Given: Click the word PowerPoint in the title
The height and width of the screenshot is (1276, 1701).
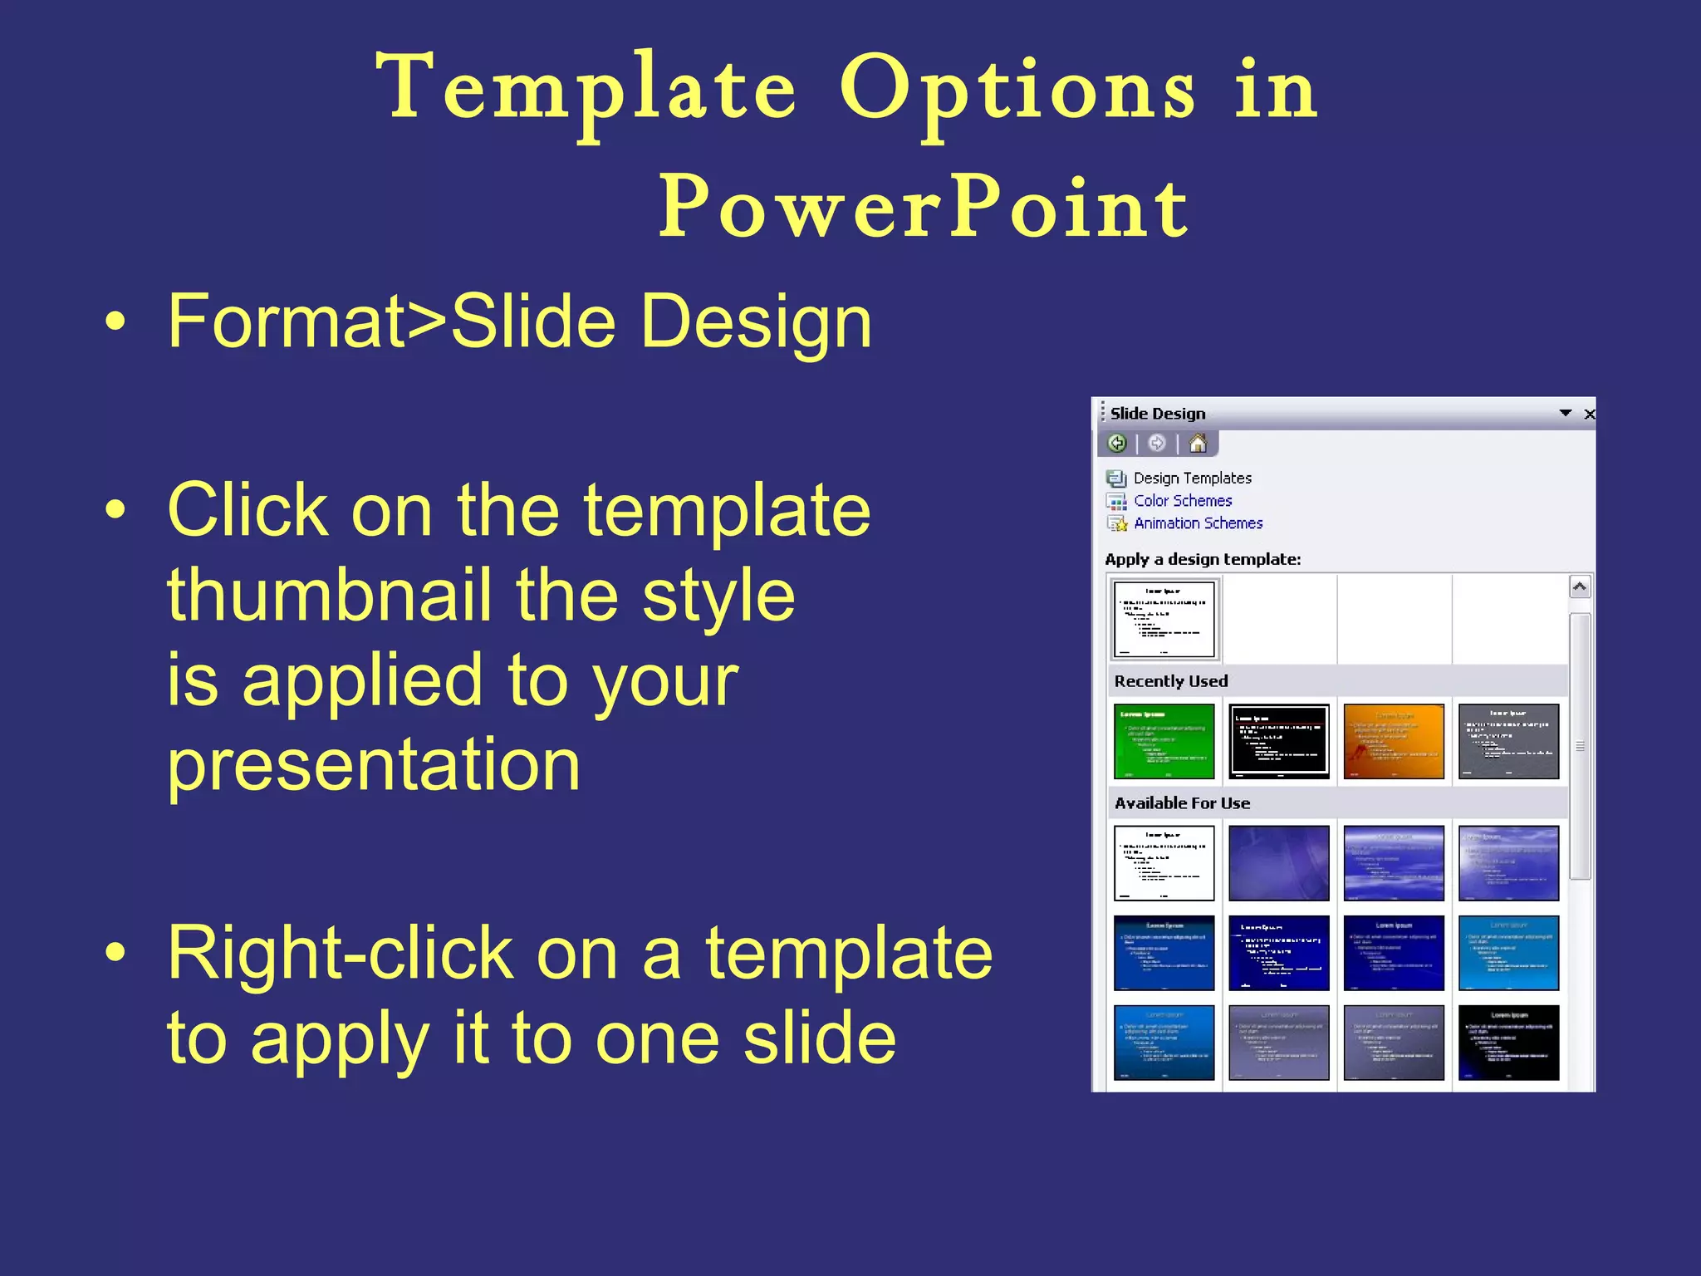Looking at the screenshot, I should [924, 208].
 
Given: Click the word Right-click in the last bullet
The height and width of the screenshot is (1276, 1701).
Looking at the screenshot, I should [341, 955].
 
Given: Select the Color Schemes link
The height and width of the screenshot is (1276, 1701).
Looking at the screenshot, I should [1183, 501].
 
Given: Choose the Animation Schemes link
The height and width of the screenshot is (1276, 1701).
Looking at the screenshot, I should [1198, 523].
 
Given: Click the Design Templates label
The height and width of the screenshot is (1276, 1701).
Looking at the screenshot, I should [1192, 478].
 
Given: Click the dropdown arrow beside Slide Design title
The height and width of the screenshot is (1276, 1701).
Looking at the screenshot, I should [1566, 413].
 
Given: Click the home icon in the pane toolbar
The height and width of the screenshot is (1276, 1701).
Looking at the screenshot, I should [1197, 444].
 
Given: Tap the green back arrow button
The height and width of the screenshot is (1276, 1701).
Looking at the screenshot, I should [1117, 444].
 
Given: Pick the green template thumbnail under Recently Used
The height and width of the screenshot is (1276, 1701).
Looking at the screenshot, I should [1164, 741].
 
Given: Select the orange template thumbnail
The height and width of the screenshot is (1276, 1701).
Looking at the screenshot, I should [1393, 741].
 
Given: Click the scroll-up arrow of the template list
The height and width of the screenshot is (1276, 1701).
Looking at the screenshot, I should [1580, 586].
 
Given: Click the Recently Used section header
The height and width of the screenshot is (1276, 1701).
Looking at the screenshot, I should [1171, 681].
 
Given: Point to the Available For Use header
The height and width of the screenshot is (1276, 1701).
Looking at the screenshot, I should [1182, 803].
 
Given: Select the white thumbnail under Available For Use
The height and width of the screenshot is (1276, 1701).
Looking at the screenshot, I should [1164, 863].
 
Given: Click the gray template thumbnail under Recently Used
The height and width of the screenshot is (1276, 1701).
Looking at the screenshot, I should [1508, 741].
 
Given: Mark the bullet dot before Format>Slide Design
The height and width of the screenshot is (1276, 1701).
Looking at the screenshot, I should [115, 322].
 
